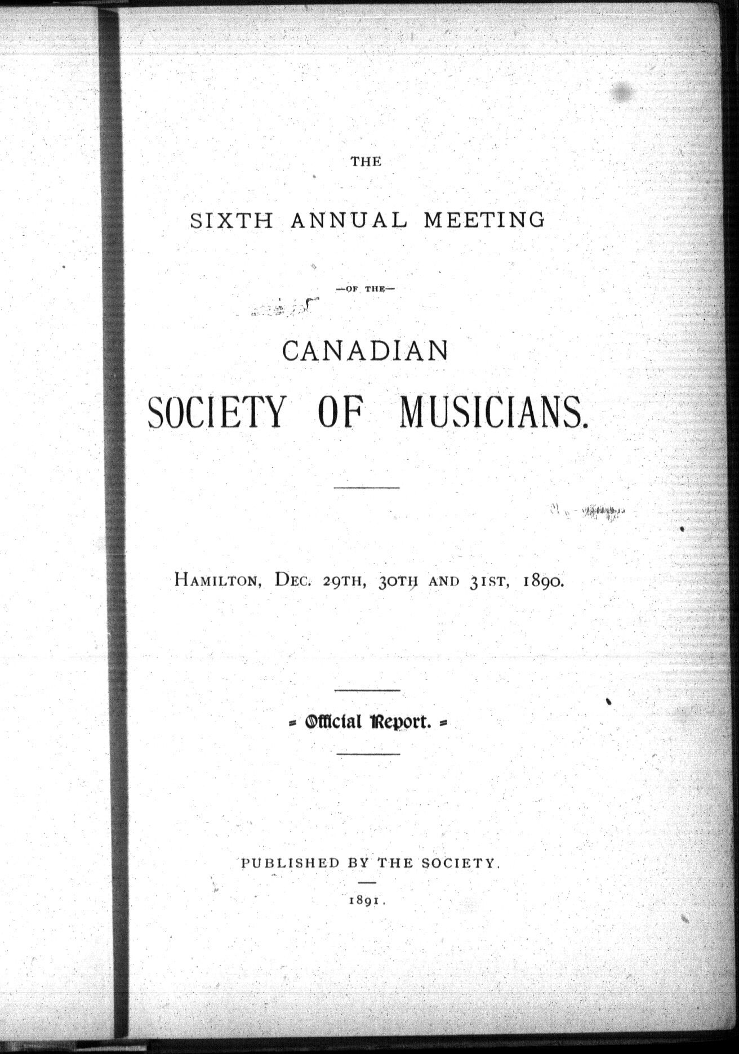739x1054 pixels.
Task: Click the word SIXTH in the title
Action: click(232, 220)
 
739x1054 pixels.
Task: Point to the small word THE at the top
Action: click(366, 162)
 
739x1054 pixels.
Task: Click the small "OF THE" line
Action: click(366, 289)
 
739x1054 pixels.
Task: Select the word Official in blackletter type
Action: click(333, 722)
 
